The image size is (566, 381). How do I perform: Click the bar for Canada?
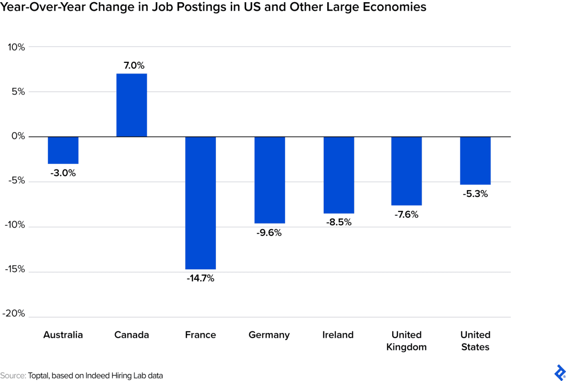tap(131, 105)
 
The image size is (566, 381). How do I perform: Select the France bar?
tap(200, 203)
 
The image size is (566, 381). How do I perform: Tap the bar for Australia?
tap(63, 150)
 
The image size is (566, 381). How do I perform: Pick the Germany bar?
tap(269, 180)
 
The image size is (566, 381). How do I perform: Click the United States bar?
tap(475, 160)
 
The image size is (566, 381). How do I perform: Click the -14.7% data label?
tap(200, 279)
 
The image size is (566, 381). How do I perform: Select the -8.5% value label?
tap(339, 222)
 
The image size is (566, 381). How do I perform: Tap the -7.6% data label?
tap(406, 215)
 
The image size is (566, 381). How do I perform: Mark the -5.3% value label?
tap(475, 194)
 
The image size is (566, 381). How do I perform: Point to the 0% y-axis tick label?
tap(19, 136)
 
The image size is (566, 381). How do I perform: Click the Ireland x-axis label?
tap(338, 335)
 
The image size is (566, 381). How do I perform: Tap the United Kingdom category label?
tap(406, 341)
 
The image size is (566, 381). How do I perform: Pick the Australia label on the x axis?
tap(63, 335)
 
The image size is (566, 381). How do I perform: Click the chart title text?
tap(213, 8)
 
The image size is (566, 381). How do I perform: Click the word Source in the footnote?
tap(13, 376)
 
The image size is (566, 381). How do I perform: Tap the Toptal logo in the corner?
tap(559, 371)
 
